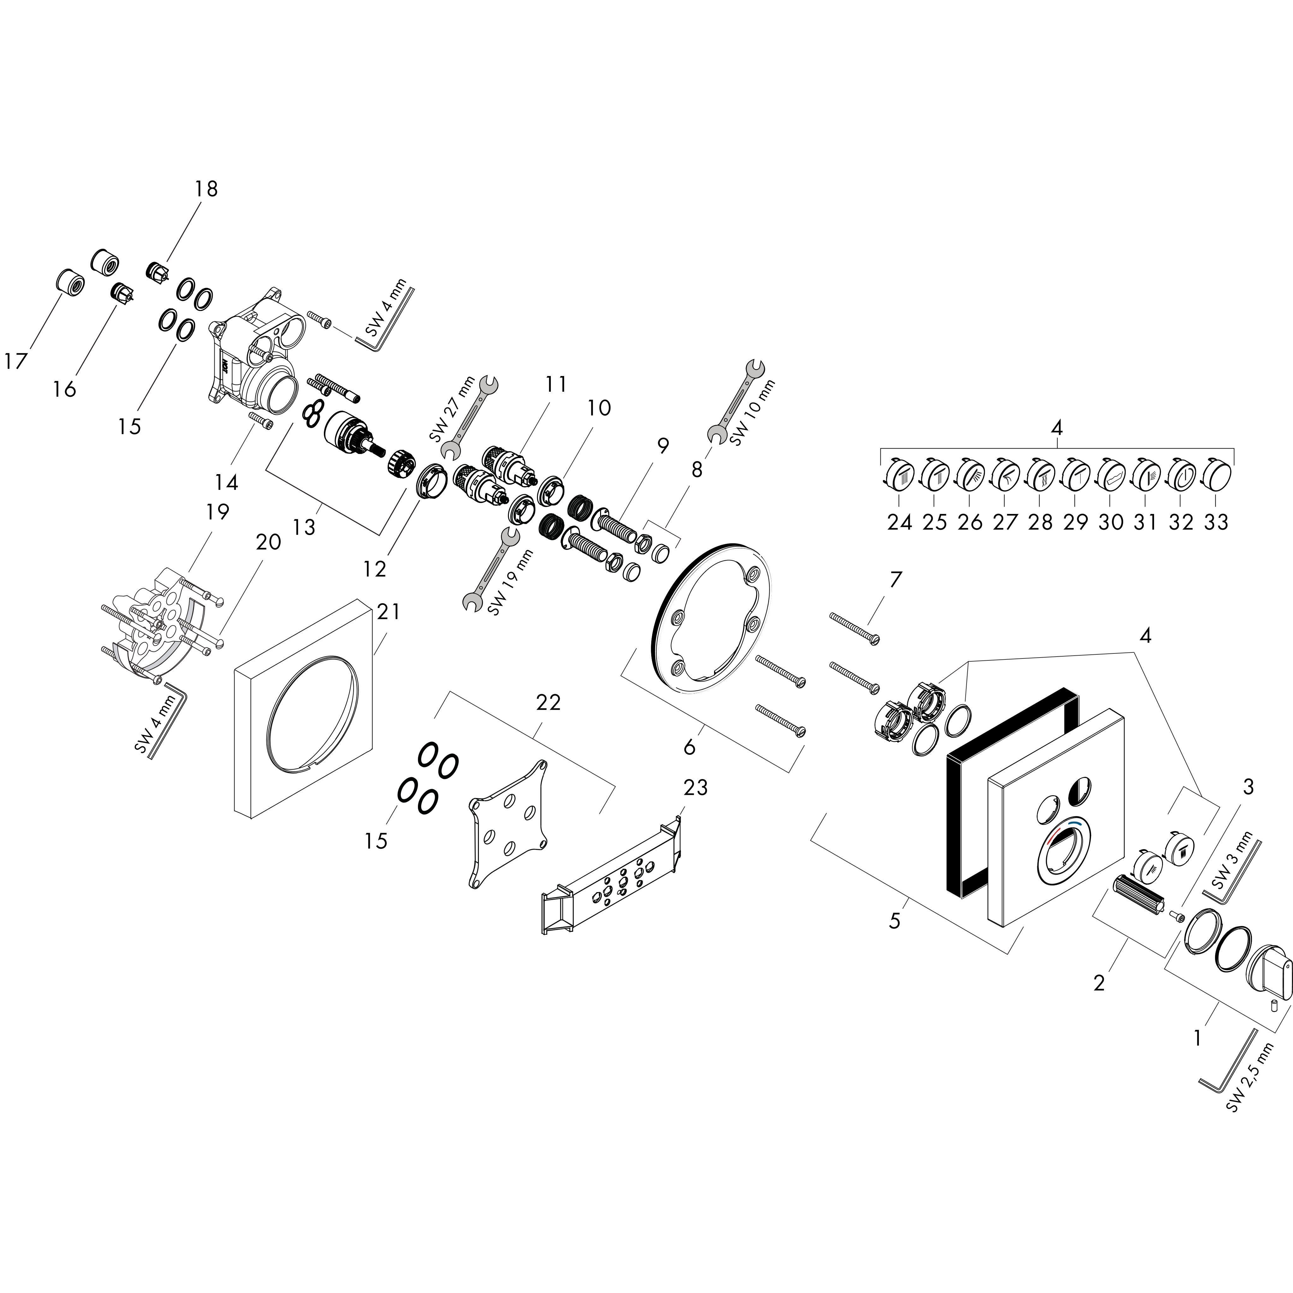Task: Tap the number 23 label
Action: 695,788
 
